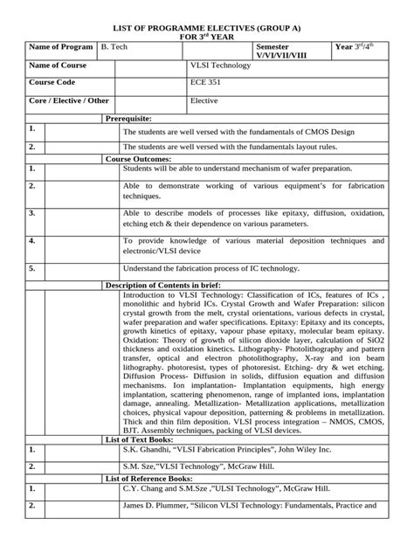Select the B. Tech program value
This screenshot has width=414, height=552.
[114, 45]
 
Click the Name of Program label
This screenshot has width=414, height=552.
[61, 45]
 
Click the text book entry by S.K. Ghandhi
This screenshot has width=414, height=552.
[227, 449]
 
